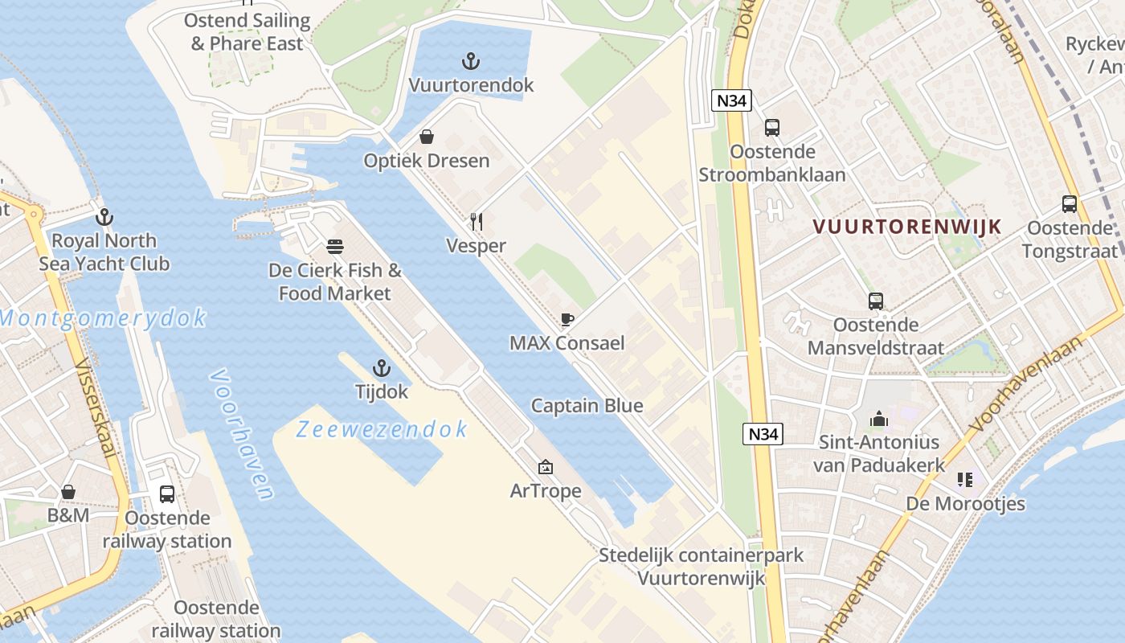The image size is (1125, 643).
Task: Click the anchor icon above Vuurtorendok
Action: pos(471,61)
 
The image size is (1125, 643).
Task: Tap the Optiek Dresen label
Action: pos(426,161)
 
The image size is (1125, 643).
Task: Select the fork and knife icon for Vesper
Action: pos(477,221)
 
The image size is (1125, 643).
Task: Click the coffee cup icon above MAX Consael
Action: pos(567,319)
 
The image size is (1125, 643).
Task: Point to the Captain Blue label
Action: pos(587,405)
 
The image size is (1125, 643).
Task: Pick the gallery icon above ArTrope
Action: pos(546,467)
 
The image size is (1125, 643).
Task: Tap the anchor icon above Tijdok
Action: pos(382,369)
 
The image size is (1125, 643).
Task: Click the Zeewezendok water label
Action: pos(382,429)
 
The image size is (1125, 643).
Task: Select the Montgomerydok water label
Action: pos(103,318)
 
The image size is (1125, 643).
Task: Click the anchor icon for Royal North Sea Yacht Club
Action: pos(104,217)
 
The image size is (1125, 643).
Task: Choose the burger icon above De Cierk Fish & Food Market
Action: pos(335,246)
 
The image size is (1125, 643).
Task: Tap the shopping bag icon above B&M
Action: pos(68,492)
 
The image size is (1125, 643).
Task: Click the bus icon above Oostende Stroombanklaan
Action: pos(772,128)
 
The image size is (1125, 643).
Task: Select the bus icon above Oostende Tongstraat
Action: pos(1070,204)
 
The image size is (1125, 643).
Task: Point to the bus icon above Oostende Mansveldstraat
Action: pos(876,301)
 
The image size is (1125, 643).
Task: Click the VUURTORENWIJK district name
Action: pos(907,227)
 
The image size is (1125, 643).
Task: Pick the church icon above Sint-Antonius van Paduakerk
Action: pos(878,419)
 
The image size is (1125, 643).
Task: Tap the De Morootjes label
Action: pos(965,504)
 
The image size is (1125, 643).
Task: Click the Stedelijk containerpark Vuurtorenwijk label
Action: pos(701,567)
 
